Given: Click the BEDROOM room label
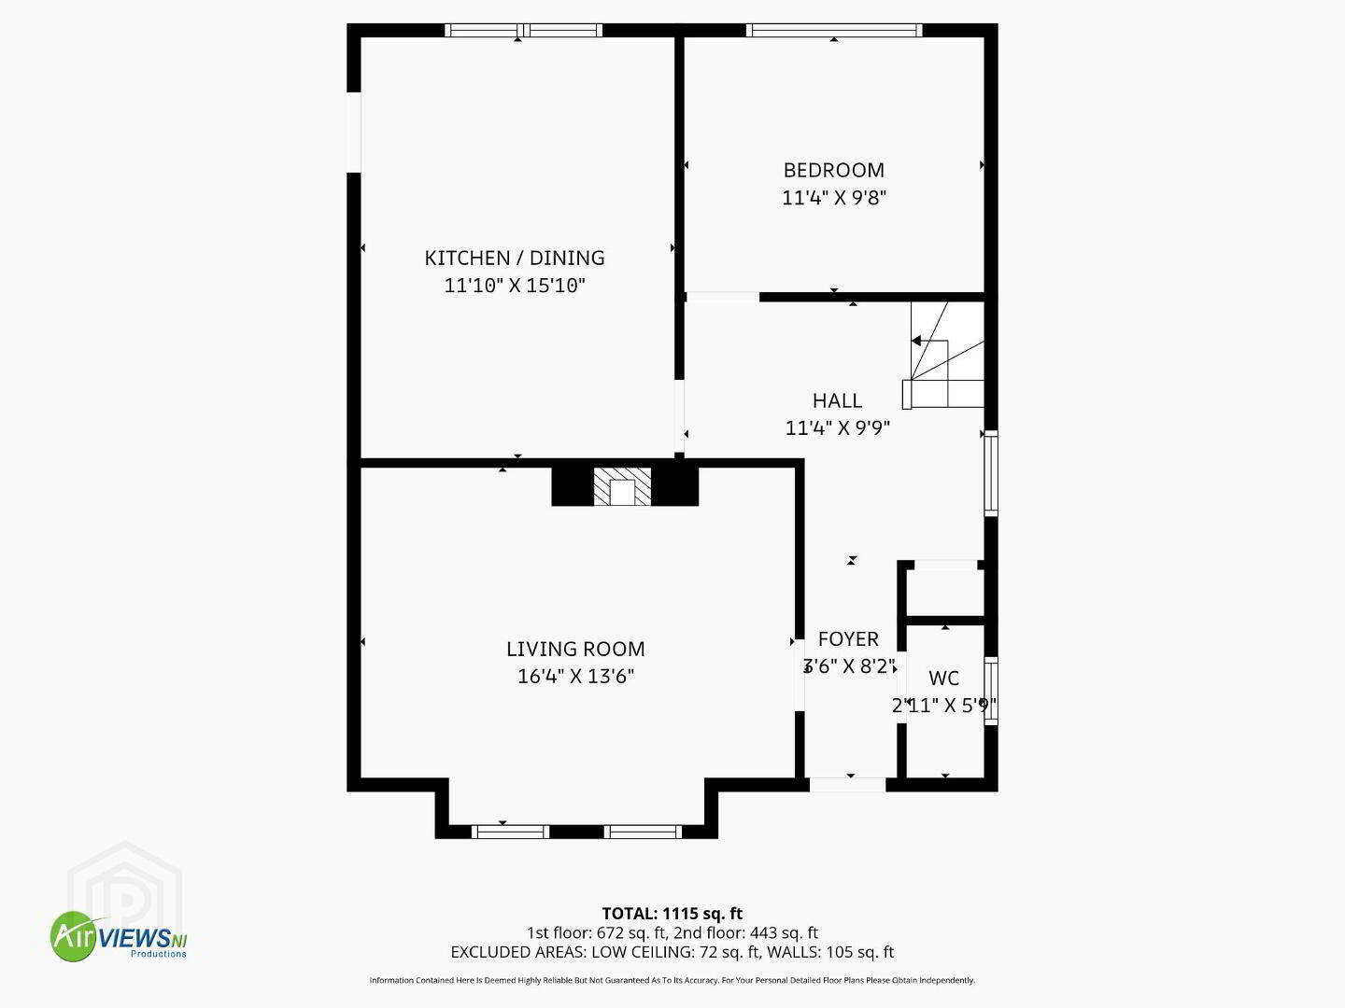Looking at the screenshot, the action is click(833, 170).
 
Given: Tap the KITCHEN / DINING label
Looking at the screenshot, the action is click(515, 258).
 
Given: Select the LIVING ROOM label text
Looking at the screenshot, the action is click(575, 649).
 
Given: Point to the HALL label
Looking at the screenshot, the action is click(837, 400).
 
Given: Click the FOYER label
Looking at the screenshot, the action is click(848, 639).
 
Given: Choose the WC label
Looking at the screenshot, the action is click(943, 679).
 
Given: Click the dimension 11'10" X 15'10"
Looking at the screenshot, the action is click(515, 286).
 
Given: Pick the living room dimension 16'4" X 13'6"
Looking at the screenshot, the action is click(575, 677).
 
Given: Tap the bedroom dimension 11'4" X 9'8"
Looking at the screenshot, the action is click(834, 198).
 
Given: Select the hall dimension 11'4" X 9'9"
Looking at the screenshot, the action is click(837, 427).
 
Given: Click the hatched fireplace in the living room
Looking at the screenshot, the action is click(622, 487).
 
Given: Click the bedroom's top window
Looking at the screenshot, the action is click(834, 31).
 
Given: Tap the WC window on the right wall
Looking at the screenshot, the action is click(991, 691).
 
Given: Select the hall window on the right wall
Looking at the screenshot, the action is click(991, 473).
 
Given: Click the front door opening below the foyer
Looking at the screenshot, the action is click(847, 785).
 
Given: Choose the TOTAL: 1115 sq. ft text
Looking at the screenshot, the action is click(672, 914).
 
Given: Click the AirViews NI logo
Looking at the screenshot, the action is click(119, 936).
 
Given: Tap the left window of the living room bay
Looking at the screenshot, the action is click(510, 832).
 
